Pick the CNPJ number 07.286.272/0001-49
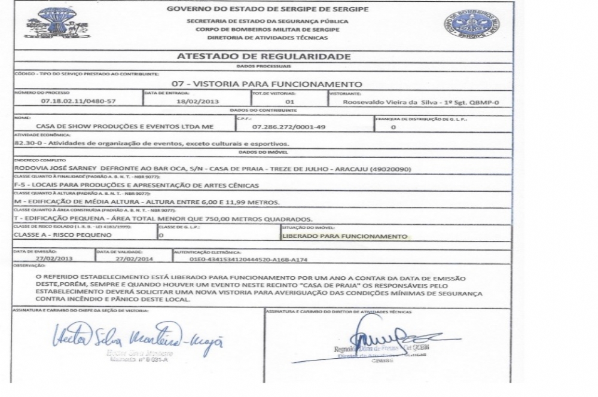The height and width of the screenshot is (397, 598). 289,127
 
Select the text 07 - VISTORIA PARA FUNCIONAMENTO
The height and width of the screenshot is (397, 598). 267,84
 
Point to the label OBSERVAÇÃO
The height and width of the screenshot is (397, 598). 29,265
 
